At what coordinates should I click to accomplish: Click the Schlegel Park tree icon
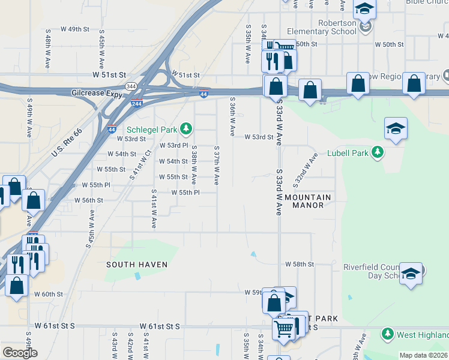point(186,128)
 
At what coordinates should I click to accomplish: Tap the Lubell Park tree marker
point(378,152)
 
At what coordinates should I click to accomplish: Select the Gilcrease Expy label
point(95,94)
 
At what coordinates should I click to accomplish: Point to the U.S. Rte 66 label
point(66,143)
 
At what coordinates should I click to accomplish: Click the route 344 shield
point(131,86)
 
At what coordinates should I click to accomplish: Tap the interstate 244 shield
point(137,103)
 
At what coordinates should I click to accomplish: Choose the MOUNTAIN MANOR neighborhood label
point(308,201)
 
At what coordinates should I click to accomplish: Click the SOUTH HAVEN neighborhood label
point(137,264)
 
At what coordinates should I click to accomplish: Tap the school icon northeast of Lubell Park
point(395,129)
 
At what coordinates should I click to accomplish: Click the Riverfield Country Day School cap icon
point(411,273)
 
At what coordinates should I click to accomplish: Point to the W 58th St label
point(300,264)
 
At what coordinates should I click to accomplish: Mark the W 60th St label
point(49,294)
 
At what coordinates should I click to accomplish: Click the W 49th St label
point(74,29)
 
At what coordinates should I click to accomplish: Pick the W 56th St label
point(89,200)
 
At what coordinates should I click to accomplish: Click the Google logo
point(20,353)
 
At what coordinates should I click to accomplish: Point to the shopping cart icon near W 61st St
point(284,328)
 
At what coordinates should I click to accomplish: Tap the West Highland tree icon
point(388,333)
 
